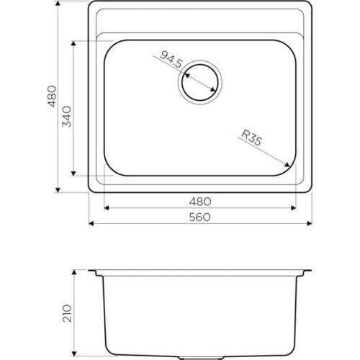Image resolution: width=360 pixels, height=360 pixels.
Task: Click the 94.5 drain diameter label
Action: (171, 59)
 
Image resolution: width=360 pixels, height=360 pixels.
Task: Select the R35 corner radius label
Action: (251, 138)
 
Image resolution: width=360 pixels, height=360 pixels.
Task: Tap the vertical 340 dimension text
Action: (67, 117)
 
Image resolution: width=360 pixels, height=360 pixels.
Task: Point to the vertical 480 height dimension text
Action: (52, 96)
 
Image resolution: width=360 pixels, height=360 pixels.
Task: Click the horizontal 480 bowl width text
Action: (200, 202)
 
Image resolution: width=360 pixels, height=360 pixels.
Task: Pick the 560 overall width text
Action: (199, 217)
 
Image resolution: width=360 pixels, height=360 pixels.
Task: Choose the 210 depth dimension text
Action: (67, 313)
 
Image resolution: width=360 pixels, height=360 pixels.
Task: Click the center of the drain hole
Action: (200, 82)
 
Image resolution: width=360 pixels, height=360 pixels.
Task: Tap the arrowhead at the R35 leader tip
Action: (287, 164)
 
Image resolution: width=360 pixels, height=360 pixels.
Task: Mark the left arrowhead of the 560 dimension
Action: (91, 224)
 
